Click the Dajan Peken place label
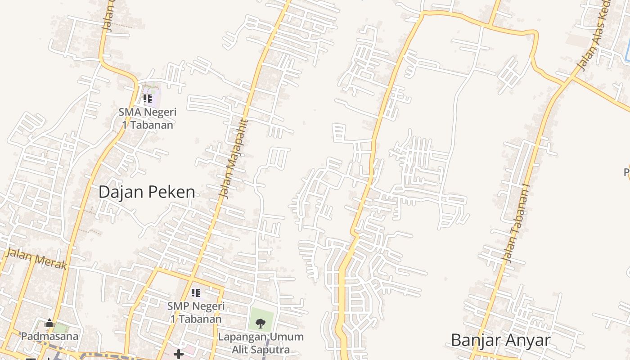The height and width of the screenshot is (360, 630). [x=147, y=192]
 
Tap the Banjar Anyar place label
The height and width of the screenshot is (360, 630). [x=500, y=340]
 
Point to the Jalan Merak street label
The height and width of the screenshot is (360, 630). [x=37, y=260]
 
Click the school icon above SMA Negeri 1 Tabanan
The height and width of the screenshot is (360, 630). [x=147, y=98]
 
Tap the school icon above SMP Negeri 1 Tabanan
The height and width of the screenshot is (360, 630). [x=196, y=293]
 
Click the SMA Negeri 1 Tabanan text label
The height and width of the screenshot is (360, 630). [x=148, y=118]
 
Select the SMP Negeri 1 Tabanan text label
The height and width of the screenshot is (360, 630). [x=196, y=312]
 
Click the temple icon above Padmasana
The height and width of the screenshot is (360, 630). [x=49, y=323]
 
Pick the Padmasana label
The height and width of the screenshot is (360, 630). [x=49, y=336]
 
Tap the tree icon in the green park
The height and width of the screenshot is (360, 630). [x=260, y=323]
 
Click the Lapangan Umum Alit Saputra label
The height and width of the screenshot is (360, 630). [x=261, y=343]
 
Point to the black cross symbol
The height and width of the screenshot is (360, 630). [x=179, y=354]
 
